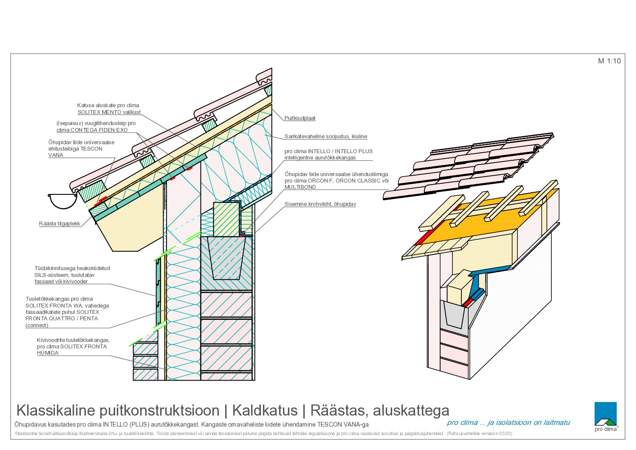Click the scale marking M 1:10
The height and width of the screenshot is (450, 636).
609,61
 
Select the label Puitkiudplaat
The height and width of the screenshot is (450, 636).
300,118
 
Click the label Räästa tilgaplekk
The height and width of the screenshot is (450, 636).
59,224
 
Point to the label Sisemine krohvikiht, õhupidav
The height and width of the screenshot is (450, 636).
320,204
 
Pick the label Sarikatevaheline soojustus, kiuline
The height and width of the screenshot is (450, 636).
326,137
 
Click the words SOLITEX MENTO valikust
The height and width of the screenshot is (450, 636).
109,112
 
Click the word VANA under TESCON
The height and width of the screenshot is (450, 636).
56,155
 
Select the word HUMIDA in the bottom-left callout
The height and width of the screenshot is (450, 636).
48,353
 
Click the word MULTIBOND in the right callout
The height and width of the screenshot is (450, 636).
300,187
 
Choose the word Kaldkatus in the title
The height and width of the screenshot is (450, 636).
265,410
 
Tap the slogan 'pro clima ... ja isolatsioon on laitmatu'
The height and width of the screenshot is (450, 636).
508,423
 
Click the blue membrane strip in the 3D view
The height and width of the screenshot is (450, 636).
480,282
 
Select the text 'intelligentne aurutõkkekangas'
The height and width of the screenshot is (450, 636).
320,158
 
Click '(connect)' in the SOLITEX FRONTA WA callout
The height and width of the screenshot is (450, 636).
37,325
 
